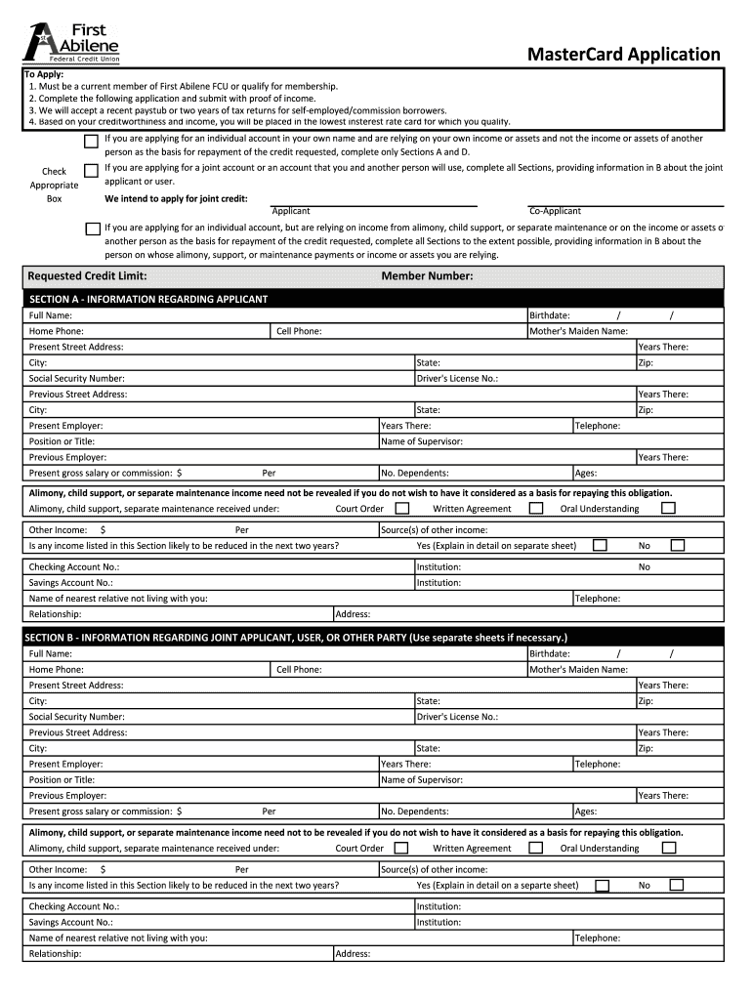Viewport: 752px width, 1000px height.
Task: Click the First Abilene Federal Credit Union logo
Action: [73, 42]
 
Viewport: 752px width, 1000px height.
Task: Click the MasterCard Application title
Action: [623, 54]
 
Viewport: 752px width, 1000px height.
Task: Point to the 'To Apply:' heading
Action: [45, 75]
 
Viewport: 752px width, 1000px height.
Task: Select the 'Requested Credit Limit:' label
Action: [87, 276]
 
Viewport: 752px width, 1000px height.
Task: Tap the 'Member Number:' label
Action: [427, 276]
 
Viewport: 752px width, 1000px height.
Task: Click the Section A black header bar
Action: [375, 299]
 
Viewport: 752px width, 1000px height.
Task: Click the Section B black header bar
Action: [375, 638]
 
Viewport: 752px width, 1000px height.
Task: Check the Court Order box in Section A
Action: [401, 508]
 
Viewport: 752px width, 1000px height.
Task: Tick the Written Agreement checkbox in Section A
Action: [535, 508]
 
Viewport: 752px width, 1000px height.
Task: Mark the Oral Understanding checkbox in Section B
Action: [669, 848]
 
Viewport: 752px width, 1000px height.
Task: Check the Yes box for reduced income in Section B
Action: [602, 886]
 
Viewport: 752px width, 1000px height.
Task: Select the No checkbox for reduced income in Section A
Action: [677, 545]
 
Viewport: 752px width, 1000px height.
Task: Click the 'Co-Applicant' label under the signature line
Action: [554, 211]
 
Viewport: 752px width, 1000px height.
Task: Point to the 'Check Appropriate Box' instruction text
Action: [54, 185]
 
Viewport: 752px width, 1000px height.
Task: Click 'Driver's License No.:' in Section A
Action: [457, 378]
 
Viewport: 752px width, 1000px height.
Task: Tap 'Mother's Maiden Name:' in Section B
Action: [577, 670]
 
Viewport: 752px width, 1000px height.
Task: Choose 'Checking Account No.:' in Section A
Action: [74, 566]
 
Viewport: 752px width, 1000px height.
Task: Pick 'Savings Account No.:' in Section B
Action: [70, 922]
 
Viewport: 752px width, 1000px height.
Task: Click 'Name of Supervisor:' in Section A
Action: [421, 441]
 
